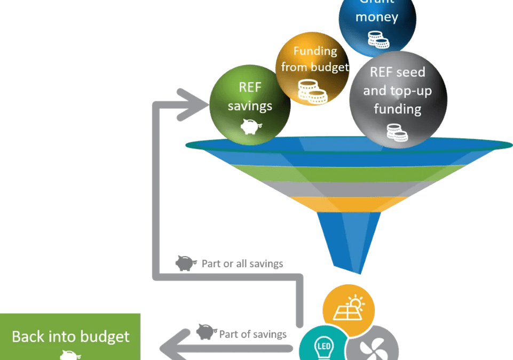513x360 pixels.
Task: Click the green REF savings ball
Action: (x=249, y=105)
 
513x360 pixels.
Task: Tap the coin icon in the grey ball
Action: (x=397, y=132)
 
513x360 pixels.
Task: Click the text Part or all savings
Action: (x=242, y=263)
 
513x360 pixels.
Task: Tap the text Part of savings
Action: (x=252, y=334)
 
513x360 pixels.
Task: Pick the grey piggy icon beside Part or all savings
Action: (x=186, y=263)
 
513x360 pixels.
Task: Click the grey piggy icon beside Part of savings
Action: (x=206, y=333)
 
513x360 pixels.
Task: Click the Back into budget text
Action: (x=70, y=337)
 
